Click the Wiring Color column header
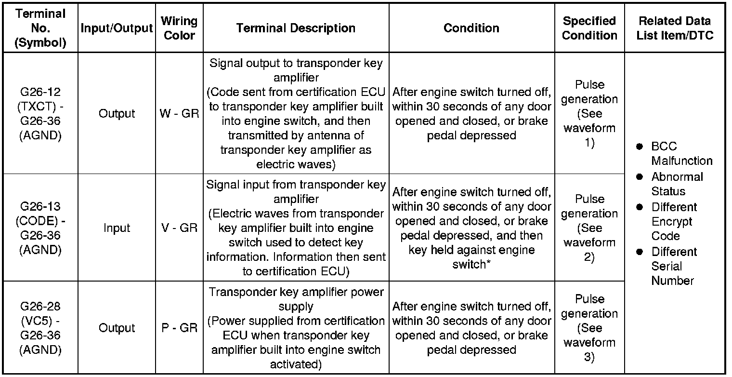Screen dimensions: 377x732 pyautogui.click(x=179, y=28)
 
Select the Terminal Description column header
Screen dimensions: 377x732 pyautogui.click(x=296, y=28)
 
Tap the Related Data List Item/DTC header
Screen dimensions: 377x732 pyautogui.click(x=674, y=28)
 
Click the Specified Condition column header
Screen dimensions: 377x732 pyautogui.click(x=589, y=28)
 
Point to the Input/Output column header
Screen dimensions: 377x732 pyautogui.click(x=117, y=28)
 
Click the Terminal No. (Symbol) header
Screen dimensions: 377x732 pyautogui.click(x=40, y=28)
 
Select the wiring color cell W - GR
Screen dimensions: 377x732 pyautogui.click(x=179, y=114)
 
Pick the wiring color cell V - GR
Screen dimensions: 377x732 pyautogui.click(x=179, y=228)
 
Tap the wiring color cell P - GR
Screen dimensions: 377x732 pyautogui.click(x=179, y=328)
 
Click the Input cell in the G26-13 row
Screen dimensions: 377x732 pyautogui.click(x=117, y=228)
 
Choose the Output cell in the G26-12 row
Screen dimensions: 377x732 pyautogui.click(x=117, y=114)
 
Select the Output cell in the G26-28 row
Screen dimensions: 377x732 pyautogui.click(x=117, y=328)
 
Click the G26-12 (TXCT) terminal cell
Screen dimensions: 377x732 pyautogui.click(x=40, y=114)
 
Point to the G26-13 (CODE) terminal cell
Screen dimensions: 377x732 pyautogui.click(x=40, y=228)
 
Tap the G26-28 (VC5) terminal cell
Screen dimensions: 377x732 pyautogui.click(x=40, y=328)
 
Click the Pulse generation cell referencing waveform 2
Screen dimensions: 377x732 pyautogui.click(x=589, y=228)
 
